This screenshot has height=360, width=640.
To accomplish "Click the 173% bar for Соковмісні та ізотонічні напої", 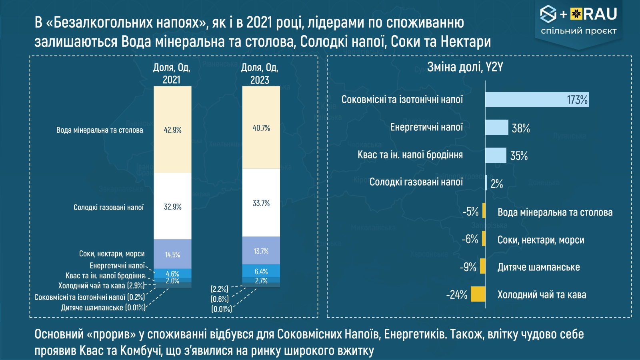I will coord(536,100).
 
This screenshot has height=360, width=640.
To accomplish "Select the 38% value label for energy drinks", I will coord(520,128).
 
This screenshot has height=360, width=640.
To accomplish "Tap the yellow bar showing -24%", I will coord(478,294).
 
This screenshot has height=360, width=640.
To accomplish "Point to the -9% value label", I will coord(468,267).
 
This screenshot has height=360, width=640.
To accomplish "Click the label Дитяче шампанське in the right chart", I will coord(538,267).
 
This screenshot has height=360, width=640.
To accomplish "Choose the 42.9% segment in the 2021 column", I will coord(172,130).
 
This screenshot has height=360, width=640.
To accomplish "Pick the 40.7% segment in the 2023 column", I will coord(261,128).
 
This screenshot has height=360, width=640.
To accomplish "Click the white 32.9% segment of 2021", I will coord(172,206).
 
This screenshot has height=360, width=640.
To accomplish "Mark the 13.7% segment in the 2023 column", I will coord(261,251).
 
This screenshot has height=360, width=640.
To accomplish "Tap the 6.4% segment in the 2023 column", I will coord(261,271).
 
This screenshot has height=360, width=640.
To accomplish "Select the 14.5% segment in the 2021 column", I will coord(172,254).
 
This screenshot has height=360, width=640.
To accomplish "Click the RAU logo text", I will coord(600,14).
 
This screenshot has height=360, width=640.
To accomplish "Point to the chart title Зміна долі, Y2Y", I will coord(465,67).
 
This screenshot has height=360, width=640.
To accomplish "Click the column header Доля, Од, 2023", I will coord(260,74).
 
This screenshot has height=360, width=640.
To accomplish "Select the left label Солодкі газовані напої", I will coord(108,207).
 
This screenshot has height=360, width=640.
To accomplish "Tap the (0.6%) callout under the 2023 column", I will coord(220,299).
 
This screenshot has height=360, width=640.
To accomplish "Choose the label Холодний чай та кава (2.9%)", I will coord(101,286).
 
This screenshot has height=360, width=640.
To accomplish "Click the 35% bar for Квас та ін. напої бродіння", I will coord(496,155).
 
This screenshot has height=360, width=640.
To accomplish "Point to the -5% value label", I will coord(470,212).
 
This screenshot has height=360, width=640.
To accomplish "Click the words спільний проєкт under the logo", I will coord(578,31).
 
